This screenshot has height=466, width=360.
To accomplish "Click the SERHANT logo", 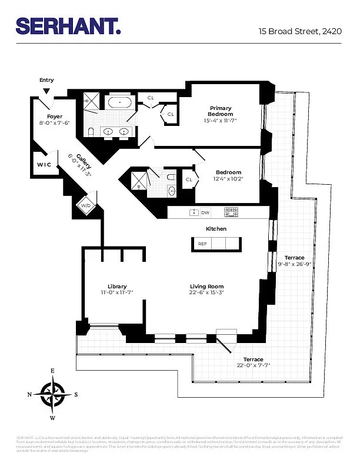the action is pos(68,26).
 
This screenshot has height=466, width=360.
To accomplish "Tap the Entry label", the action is pos(46,80).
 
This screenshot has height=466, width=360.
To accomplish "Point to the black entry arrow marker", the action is pos(46,90).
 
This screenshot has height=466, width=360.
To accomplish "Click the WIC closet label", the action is pos(44,165).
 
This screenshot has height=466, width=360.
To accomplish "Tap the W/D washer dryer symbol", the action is pos(86,205).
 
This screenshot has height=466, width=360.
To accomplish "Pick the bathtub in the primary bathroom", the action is pos(120,102).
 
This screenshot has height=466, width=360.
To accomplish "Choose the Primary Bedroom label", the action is pos(221,111).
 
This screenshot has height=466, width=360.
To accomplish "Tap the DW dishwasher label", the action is pos(205,212).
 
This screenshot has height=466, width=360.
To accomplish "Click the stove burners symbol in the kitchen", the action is pos(231,212).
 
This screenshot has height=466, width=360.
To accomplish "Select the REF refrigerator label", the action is pos(202,243).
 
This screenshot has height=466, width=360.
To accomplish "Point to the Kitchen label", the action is pos(216,228).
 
